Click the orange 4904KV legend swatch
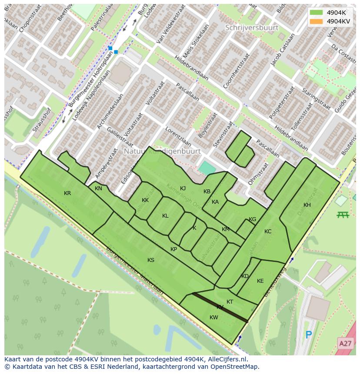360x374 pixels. point(316,21)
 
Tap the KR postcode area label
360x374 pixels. point(67,193)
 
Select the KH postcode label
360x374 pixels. point(307,205)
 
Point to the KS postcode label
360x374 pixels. point(151,260)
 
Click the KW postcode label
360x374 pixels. point(213,318)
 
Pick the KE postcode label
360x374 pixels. point(260,281)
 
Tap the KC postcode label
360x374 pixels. point(268,232)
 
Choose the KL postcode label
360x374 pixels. point(165,216)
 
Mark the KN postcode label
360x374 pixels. point(98,189)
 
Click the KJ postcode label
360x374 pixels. point(183,189)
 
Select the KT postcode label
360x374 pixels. point(230,302)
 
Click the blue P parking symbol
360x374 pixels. point(309,335)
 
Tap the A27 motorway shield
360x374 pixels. point(345,344)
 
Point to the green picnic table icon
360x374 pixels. point(343,215)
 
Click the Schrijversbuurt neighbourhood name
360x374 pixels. point(252,27)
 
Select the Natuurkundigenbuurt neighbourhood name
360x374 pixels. point(162,152)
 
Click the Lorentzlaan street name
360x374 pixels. point(178,137)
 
